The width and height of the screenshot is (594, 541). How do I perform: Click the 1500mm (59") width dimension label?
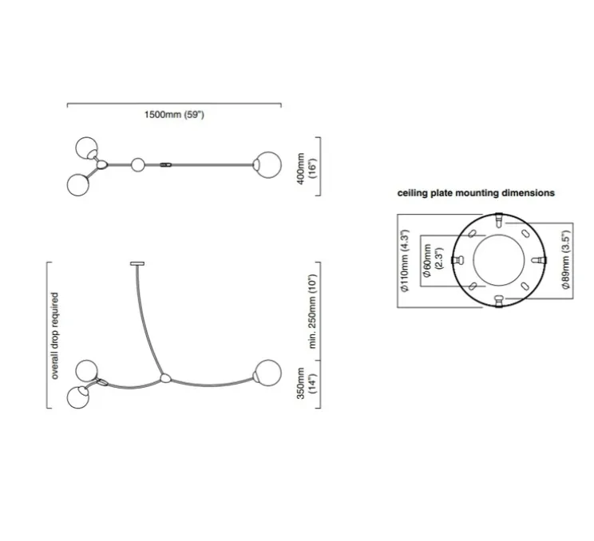click(x=174, y=115)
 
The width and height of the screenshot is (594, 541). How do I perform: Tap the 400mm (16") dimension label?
click(x=306, y=168)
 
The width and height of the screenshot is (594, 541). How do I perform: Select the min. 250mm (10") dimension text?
click(x=312, y=311)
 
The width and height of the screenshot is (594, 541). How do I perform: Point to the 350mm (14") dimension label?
click(x=306, y=383)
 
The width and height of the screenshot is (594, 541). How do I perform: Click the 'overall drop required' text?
click(x=55, y=336)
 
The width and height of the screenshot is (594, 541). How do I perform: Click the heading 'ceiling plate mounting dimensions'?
click(x=476, y=193)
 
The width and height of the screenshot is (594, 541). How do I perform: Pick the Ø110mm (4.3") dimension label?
click(x=405, y=260)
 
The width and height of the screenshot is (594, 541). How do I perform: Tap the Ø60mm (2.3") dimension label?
click(x=433, y=260)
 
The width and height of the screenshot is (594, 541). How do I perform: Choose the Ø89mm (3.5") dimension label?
click(x=565, y=259)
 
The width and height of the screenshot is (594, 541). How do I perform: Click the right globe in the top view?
click(x=267, y=165)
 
